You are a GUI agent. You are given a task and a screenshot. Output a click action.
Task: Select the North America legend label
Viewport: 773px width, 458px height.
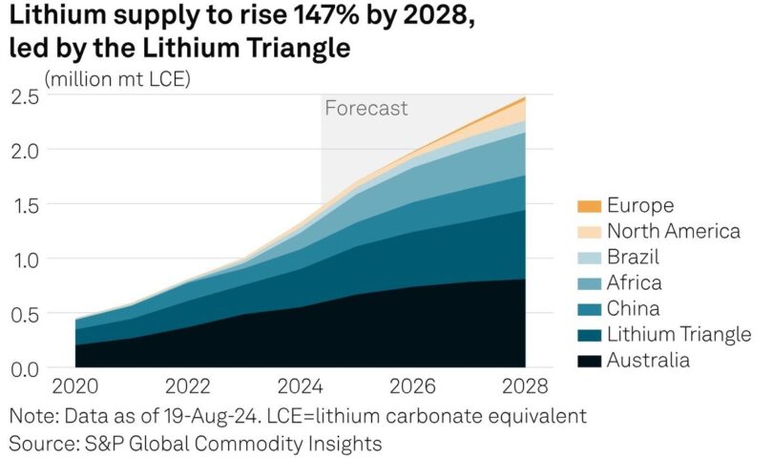click(x=673, y=231)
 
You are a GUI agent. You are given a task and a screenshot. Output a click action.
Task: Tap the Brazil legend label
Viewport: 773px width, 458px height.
click(x=634, y=257)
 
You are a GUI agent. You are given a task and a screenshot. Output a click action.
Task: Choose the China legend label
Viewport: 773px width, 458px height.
click(x=633, y=308)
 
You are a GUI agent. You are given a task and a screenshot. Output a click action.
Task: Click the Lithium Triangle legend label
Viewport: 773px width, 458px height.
click(x=679, y=334)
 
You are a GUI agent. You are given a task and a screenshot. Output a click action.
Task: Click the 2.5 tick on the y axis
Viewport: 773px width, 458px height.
click(x=25, y=95)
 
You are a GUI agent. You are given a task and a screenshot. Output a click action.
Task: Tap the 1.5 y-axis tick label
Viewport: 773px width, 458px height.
click(x=25, y=205)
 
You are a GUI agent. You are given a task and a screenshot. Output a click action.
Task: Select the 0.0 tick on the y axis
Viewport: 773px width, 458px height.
click(x=25, y=368)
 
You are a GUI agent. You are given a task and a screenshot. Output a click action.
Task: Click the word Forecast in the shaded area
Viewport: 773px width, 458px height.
click(x=366, y=109)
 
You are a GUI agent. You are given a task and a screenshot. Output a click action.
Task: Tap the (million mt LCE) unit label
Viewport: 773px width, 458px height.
click(x=116, y=78)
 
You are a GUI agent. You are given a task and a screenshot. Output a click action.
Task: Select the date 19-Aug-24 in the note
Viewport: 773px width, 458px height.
click(x=211, y=417)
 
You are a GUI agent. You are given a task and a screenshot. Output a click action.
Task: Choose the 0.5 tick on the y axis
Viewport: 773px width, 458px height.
click(x=25, y=314)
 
